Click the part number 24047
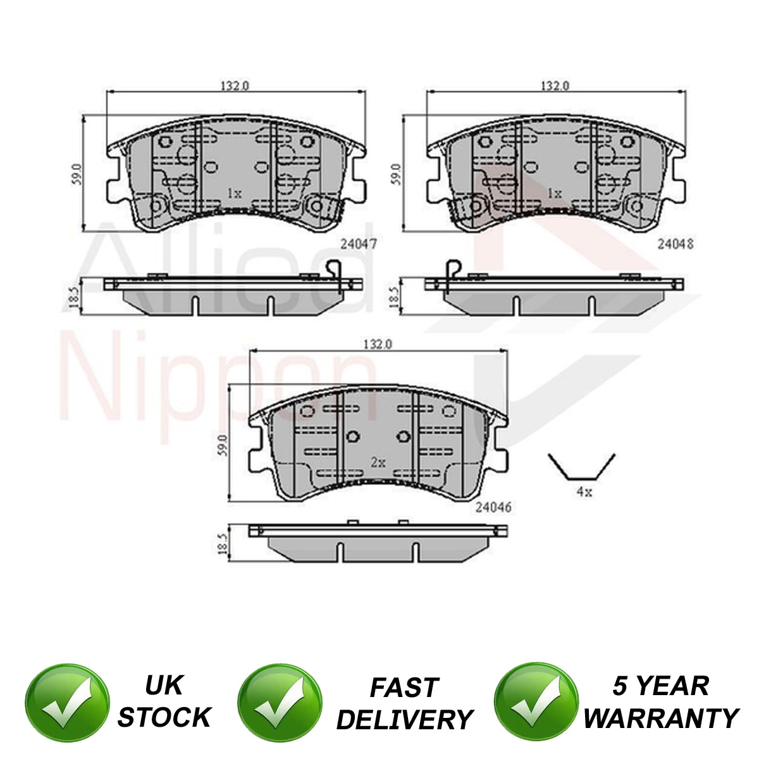click(x=359, y=244)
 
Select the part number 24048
click(x=676, y=244)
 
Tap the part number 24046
click(x=493, y=507)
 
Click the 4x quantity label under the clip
click(x=584, y=492)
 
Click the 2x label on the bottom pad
click(x=378, y=462)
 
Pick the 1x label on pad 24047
click(x=235, y=194)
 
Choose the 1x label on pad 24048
click(x=555, y=194)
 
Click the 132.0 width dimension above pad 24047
click(x=235, y=85)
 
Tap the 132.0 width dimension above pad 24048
click(x=555, y=85)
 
